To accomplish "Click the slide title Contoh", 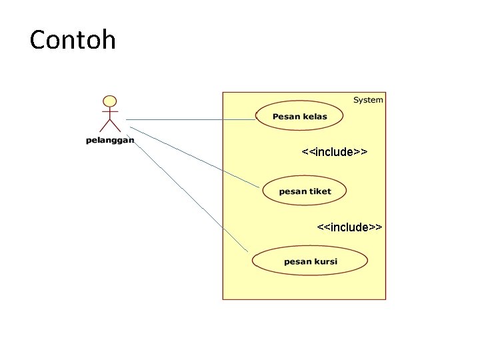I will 73,40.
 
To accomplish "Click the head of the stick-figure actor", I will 109,101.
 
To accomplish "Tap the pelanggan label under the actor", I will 110,140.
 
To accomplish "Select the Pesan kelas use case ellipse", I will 299,116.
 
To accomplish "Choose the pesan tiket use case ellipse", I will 305,191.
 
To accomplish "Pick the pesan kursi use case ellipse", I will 310,261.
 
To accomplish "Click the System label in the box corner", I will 368,100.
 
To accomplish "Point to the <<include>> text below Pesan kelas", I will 334,153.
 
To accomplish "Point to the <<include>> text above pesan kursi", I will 349,227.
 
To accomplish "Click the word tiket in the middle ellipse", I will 319,191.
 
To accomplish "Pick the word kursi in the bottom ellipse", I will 325,261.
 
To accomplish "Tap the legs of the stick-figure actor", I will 109,125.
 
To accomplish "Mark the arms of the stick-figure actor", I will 109,112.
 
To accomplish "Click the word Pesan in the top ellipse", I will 286,117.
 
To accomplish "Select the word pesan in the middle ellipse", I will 292,191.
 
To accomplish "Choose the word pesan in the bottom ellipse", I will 297,261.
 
